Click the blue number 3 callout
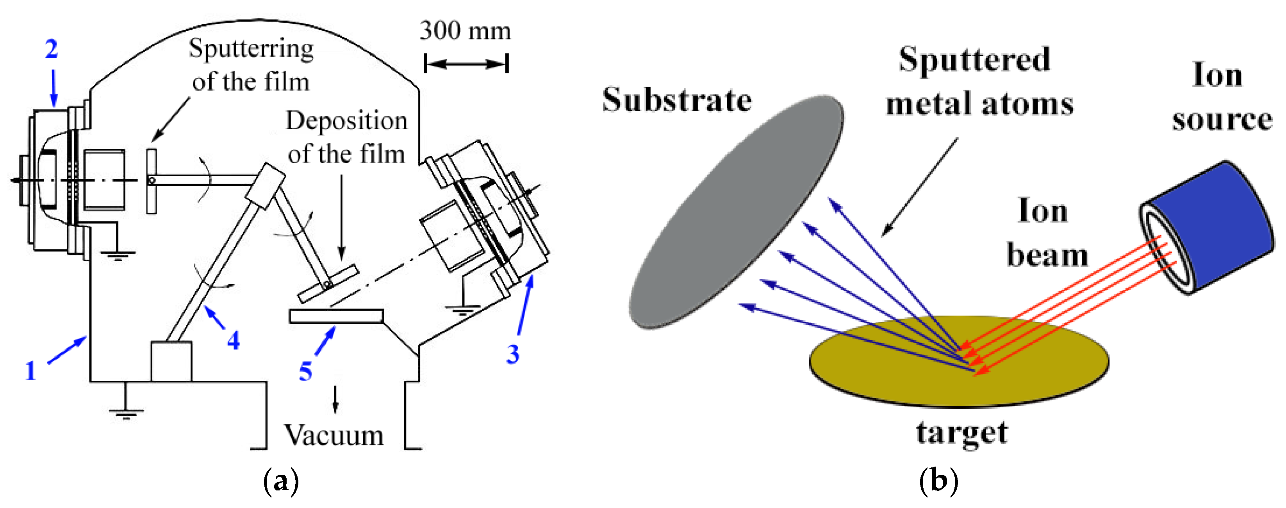point(513,354)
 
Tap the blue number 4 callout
point(233,341)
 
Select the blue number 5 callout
point(305,371)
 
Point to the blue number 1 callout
point(31,371)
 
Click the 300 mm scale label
point(465,31)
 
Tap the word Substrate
point(676,100)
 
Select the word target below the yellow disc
point(961,432)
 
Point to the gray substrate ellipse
point(737,212)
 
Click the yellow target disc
point(899,369)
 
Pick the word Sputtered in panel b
point(974,60)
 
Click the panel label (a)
point(281,481)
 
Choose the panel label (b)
point(938,481)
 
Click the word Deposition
point(346,121)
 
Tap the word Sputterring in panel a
point(251,49)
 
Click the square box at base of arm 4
point(171,361)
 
